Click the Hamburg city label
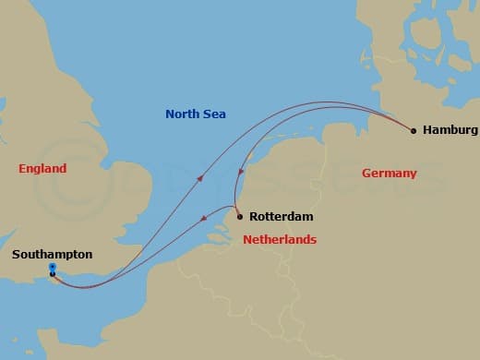coord(450,130)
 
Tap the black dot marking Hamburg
coord(414,130)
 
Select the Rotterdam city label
coord(282,217)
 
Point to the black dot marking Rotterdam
coord(239,217)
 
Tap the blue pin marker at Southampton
coord(52,268)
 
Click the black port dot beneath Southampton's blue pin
coord(53,274)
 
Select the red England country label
coord(42,169)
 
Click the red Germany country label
coord(389,174)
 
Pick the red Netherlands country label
coord(280,240)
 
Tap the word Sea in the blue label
coord(216,114)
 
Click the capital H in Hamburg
coord(427,130)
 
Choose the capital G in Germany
coord(366,174)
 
